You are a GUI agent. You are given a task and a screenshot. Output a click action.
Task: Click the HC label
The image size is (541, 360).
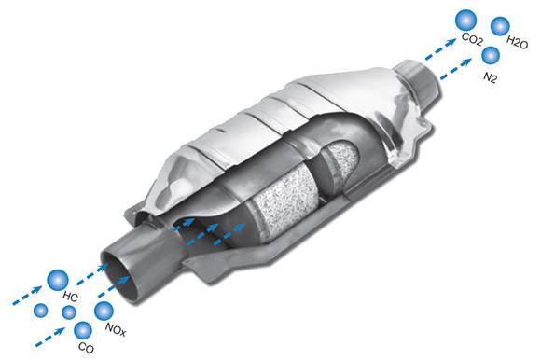(x=70, y=297)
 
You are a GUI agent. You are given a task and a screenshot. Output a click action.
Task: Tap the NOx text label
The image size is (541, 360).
(x=116, y=329)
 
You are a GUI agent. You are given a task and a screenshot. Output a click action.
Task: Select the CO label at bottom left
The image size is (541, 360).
(x=86, y=347)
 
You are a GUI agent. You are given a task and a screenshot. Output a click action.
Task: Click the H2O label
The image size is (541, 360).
(x=517, y=42)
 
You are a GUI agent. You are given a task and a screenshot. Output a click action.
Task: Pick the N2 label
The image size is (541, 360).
(x=490, y=77)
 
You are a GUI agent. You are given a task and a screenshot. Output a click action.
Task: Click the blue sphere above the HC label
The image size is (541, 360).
(x=58, y=280)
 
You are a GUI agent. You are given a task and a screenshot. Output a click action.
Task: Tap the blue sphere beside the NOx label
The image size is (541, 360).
(x=104, y=311)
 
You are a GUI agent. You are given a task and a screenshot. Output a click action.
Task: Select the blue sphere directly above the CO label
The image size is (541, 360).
(x=83, y=330)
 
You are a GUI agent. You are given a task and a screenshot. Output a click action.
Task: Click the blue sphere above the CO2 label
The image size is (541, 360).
(x=465, y=21)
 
